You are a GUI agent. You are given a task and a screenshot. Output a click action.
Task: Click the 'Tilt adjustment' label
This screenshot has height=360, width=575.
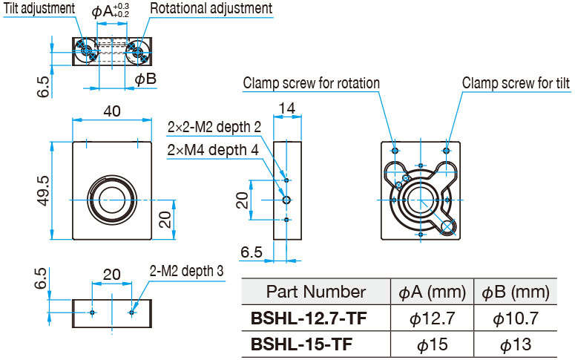coord(39,8)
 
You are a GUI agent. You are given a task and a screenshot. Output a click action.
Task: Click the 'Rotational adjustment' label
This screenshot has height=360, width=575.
coord(211,8)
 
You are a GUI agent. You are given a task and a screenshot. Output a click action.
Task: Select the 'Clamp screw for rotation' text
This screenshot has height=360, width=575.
coord(312,83)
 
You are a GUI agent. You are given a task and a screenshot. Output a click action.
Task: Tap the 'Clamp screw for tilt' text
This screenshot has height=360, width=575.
coord(516,83)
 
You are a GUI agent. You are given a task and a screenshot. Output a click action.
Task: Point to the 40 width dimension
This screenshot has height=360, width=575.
coord(112,111)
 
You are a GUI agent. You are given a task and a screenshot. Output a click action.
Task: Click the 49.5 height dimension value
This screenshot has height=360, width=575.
coord(43,191)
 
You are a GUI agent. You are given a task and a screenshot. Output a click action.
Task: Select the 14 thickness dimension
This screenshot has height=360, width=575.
coord(287,108)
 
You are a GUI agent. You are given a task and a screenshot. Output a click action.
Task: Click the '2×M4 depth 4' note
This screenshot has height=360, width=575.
coord(213,150)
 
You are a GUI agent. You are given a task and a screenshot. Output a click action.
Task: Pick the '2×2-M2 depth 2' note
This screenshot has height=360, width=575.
coord(214,127)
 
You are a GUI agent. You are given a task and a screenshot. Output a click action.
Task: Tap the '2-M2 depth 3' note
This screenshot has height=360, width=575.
coord(186,271)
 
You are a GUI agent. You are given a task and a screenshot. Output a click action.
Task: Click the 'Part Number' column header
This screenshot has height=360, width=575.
coord(316,292)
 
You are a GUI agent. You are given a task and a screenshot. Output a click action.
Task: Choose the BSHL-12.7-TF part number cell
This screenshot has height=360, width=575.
coord(309,318)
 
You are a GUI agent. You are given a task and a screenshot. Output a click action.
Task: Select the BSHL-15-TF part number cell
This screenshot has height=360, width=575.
coord(301,344)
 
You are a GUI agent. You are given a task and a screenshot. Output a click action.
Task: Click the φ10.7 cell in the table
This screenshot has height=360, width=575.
coord(516,318)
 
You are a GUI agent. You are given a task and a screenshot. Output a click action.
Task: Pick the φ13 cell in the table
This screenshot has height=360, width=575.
coord(516,344)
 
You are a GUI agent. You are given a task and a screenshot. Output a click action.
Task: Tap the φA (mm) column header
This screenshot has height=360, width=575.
coord(433,292)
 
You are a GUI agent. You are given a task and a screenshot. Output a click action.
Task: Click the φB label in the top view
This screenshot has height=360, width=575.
coord(145,79)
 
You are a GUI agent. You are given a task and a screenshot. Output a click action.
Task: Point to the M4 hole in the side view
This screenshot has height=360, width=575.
coord(287,200)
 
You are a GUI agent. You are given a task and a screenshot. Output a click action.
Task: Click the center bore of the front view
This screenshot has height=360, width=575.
coord(112,200)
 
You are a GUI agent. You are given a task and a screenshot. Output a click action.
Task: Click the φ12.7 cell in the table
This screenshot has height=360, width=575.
coord(433,318)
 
